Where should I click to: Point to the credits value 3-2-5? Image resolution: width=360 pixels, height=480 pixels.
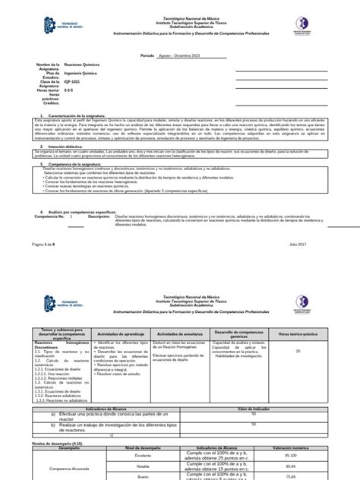70,90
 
